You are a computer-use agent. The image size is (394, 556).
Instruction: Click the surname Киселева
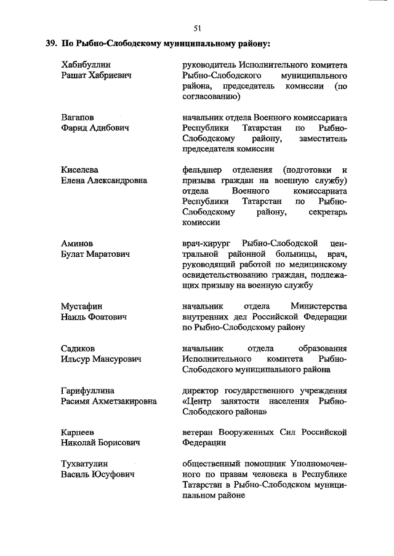click(80, 170)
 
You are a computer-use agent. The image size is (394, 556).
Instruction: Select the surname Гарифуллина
click(88, 391)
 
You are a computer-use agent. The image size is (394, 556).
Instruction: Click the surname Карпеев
click(78, 433)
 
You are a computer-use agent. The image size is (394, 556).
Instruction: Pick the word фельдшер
click(204, 170)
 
